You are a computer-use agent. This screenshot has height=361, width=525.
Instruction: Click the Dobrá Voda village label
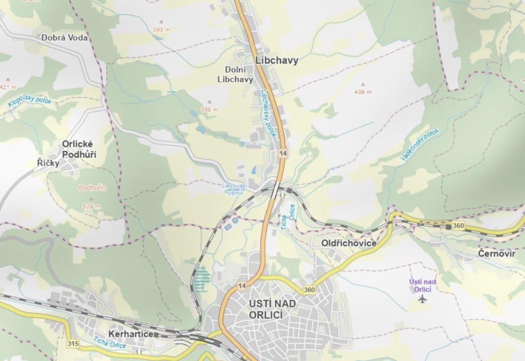pyautogui.click(x=65, y=38)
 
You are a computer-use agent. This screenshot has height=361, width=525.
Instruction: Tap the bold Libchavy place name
pyautogui.click(x=277, y=60)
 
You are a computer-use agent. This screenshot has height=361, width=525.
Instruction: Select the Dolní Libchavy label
pyautogui.click(x=239, y=74)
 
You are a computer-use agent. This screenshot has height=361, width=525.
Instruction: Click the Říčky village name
pyautogui.click(x=48, y=163)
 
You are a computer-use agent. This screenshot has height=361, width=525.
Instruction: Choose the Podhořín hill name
pyautogui.click(x=92, y=188)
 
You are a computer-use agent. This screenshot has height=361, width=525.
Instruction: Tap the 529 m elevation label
pyautogui.click(x=91, y=206)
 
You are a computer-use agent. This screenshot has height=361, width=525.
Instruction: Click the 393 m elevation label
pyautogui.click(x=160, y=29)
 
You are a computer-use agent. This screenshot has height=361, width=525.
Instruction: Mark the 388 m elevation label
pyautogui.click(x=209, y=109)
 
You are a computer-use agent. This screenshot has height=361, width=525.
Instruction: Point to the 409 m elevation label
pyautogui.click(x=363, y=92)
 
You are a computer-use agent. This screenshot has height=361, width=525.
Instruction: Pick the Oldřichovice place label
pyautogui.click(x=349, y=243)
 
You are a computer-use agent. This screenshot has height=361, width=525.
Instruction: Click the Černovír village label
pyautogui.click(x=497, y=254)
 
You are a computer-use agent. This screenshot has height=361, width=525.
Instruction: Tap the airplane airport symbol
pyautogui.click(x=422, y=299)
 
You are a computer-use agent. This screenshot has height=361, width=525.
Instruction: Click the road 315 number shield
pyautogui.click(x=72, y=344)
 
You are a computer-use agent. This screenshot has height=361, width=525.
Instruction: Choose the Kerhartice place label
pyautogui.click(x=131, y=334)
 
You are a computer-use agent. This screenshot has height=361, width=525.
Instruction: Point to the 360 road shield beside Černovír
pyautogui.click(x=457, y=225)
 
